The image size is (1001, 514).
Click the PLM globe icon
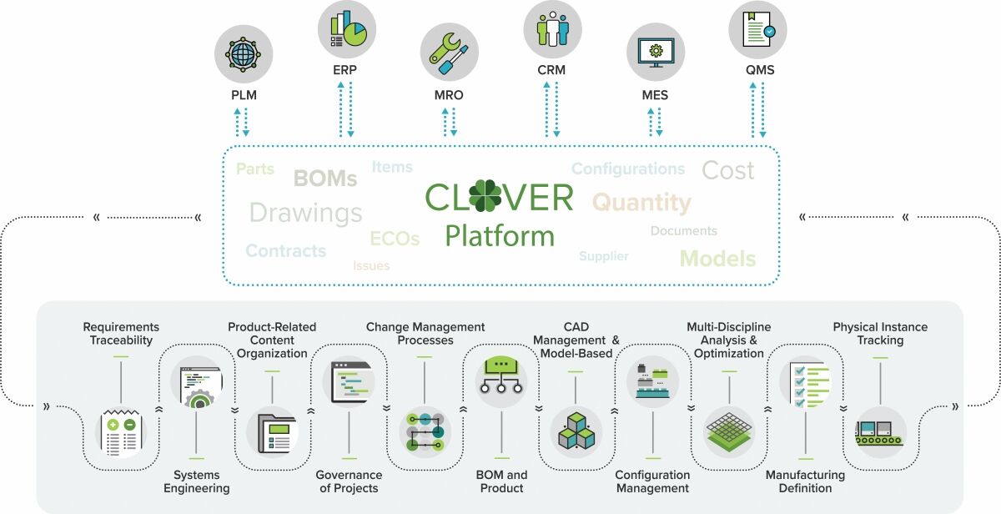[x=244, y=55]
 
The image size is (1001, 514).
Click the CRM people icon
[x=552, y=30]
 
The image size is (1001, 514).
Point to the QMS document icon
[x=758, y=30]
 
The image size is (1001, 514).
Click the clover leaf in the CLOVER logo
[x=485, y=198]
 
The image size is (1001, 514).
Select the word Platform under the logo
[x=499, y=236]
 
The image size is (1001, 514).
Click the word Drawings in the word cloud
[x=305, y=213]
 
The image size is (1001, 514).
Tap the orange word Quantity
[x=641, y=203]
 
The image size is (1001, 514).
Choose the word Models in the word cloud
[x=717, y=258]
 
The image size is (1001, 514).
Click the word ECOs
[x=395, y=239]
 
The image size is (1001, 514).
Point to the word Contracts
[x=285, y=250]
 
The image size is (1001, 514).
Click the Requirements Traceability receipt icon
[x=122, y=431]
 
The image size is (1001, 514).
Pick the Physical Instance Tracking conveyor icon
[x=880, y=431]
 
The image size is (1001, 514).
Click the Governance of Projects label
[x=349, y=481]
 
